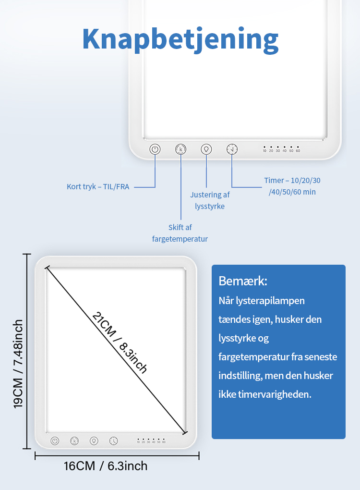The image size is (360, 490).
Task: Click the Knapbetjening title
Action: point(180,40)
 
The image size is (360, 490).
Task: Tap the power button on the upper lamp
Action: point(155,149)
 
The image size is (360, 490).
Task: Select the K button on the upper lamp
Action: point(180,149)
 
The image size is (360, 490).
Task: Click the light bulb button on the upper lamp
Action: point(206,149)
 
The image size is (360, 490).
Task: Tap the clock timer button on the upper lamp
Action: point(232,149)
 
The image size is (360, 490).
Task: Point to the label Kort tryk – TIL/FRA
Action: point(98,187)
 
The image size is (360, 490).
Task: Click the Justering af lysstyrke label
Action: point(210,200)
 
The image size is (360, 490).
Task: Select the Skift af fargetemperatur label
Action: point(180,233)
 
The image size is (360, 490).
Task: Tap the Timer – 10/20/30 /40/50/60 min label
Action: point(292,186)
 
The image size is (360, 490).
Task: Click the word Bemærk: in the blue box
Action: point(243,281)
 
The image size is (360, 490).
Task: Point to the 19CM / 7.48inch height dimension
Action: point(18,364)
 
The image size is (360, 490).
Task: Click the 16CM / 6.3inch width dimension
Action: point(106,466)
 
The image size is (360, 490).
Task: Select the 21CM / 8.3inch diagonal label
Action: point(120,343)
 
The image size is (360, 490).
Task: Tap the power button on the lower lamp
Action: point(55,441)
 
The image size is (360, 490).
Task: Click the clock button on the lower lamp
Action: point(114,441)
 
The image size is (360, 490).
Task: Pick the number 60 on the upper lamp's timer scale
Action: point(298,151)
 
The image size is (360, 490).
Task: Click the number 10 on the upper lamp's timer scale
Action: point(264,151)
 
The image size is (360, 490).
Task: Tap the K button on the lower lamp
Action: point(74,441)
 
